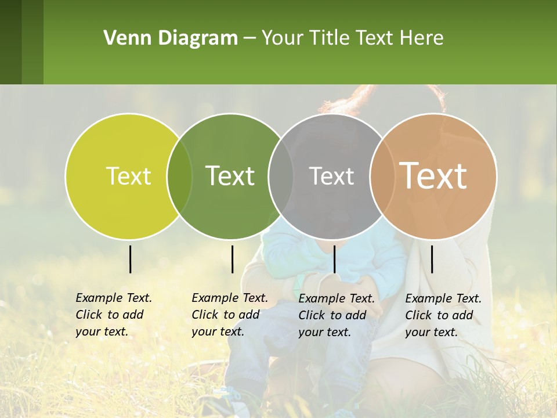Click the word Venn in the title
(x=125, y=38)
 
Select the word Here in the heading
(x=422, y=38)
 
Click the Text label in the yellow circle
(x=128, y=176)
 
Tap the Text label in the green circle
(x=230, y=176)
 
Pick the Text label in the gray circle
(x=331, y=176)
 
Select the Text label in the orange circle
(x=433, y=176)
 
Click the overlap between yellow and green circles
(x=179, y=176)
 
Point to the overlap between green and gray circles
(x=281, y=176)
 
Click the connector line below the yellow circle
(x=130, y=259)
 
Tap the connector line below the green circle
(x=232, y=259)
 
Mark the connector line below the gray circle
(x=334, y=259)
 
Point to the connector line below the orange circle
(x=432, y=259)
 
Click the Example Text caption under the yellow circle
(x=113, y=315)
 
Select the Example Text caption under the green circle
(x=229, y=315)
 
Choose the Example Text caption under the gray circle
(x=336, y=315)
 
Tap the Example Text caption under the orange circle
(x=443, y=315)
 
